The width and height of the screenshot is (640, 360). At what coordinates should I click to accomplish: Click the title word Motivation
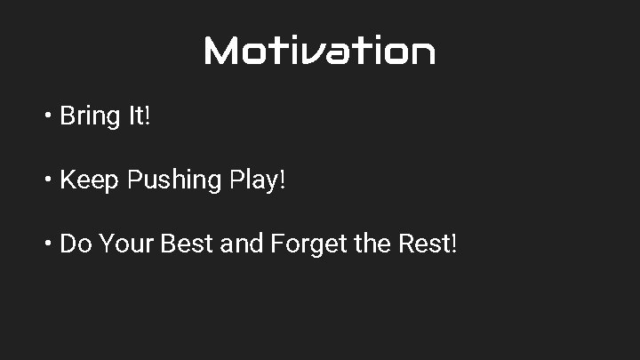[x=319, y=52]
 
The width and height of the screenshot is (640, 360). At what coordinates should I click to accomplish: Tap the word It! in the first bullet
[x=139, y=116]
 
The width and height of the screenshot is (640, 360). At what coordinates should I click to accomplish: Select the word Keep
[x=90, y=180]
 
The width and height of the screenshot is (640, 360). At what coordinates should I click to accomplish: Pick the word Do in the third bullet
[x=76, y=243]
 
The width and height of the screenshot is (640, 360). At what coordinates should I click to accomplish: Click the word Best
[x=187, y=243]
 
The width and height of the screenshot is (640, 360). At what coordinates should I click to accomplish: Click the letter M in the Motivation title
[x=221, y=52]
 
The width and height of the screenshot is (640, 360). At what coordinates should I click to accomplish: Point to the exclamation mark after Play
[x=283, y=180]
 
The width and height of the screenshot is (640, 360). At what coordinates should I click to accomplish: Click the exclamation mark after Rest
[x=454, y=243]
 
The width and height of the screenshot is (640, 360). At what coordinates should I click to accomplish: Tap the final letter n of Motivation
[x=422, y=52]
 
